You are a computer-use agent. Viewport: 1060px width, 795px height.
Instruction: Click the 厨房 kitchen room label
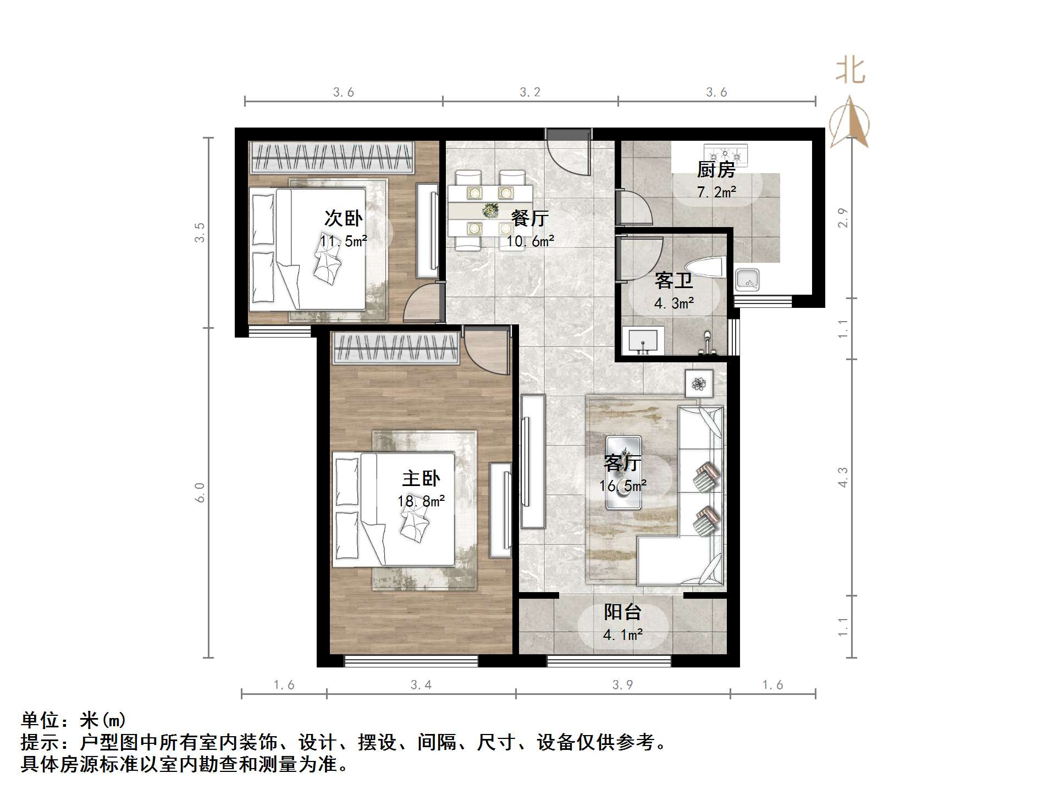[716, 170]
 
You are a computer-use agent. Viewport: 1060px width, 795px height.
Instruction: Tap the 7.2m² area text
[716, 192]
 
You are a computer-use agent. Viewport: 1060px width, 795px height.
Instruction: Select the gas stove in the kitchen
[726, 154]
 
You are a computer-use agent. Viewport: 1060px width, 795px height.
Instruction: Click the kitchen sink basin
[748, 280]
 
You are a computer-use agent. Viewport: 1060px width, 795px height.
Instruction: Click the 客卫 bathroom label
[673, 281]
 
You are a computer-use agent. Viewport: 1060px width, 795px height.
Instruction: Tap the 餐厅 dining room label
[529, 218]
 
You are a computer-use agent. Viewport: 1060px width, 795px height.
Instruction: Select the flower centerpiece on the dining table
[490, 209]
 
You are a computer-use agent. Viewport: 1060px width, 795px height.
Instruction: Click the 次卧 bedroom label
[343, 218]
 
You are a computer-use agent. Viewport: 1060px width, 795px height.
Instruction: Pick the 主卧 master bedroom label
[421, 478]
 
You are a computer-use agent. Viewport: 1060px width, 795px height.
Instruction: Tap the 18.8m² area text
[421, 501]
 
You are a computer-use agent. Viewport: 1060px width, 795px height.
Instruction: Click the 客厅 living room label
[622, 463]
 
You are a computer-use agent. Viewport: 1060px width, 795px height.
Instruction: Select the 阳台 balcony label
[622, 612]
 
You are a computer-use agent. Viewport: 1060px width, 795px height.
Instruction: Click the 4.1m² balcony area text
[623, 635]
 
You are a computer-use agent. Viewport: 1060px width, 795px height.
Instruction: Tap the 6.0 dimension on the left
[200, 492]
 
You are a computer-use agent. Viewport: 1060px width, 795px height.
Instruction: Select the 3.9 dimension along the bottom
[622, 685]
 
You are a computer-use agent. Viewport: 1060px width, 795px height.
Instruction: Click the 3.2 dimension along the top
[530, 92]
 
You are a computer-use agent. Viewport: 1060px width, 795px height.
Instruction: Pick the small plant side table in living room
[699, 383]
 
